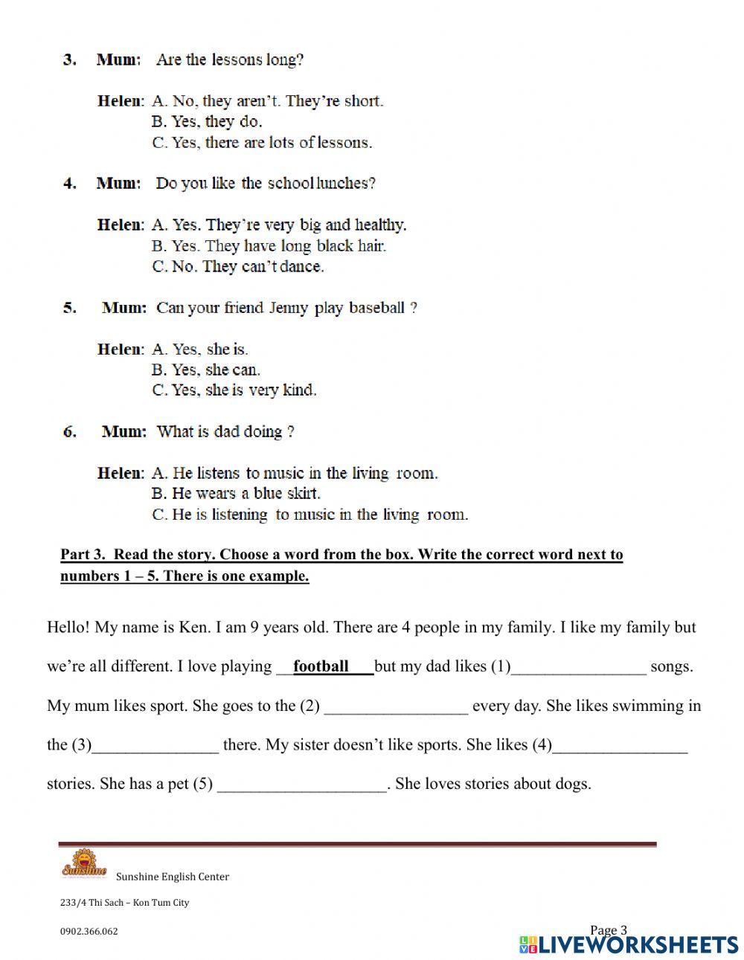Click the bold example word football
click(321, 666)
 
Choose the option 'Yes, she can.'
click(207, 370)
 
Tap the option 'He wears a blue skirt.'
click(237, 493)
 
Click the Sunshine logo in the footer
click(83, 869)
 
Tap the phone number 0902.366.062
click(89, 931)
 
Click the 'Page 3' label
click(609, 930)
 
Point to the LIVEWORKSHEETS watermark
click(629, 944)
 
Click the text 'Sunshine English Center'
click(173, 877)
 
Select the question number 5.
click(69, 308)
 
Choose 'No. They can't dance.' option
click(238, 266)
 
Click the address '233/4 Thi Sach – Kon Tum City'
click(124, 903)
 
